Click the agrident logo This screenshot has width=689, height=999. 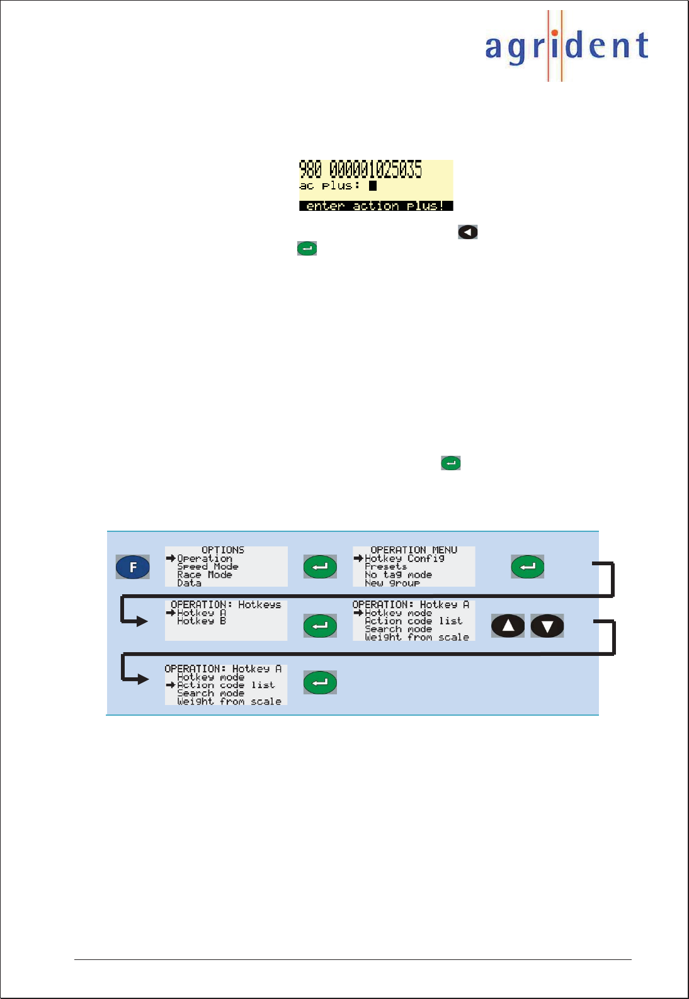coord(566,47)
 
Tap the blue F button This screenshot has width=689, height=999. coord(133,567)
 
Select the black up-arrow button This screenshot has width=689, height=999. coord(508,626)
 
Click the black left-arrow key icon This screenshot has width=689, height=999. coord(467,232)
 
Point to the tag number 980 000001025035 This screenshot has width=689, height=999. coord(360,169)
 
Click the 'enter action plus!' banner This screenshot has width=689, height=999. coord(375,206)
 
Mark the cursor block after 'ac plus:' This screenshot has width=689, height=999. coord(373,186)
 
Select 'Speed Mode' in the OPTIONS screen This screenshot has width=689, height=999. coord(207,567)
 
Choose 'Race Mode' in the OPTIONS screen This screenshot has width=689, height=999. coord(204,575)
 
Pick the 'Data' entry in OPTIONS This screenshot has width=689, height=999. coord(189,583)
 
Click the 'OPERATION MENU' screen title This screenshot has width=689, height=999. coord(414,550)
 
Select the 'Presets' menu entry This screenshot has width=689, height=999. coord(385,567)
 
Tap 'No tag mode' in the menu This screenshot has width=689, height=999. coord(398,575)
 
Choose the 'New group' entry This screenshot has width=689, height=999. coord(392,583)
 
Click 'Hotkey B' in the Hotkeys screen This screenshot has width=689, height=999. coord(201,621)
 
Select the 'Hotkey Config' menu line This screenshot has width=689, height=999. coord(404,558)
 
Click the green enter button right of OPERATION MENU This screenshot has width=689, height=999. coord(527,567)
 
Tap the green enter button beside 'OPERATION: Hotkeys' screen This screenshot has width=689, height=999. coord(320,626)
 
